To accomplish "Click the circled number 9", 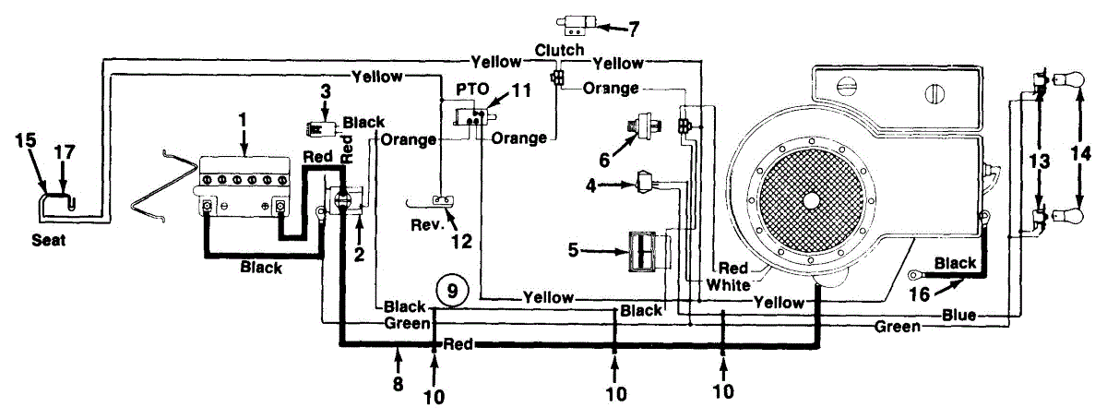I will pyautogui.click(x=452, y=291).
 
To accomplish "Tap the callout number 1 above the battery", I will pyautogui.click(x=243, y=119).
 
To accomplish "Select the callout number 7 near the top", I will pyautogui.click(x=633, y=28).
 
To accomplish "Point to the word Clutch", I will pyautogui.click(x=560, y=50).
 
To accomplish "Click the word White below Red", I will pyautogui.click(x=729, y=286).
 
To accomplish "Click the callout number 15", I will pyautogui.click(x=26, y=140).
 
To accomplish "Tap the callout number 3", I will pyautogui.click(x=325, y=91).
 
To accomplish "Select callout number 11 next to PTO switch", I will pyautogui.click(x=523, y=91).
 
